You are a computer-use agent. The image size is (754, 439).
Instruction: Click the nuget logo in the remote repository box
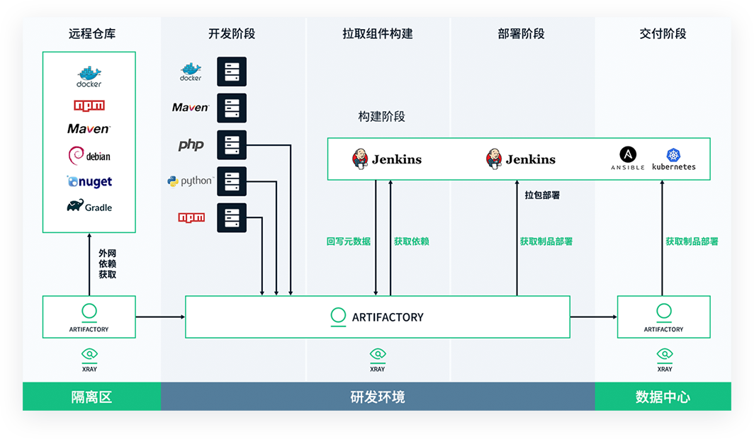coord(89,182)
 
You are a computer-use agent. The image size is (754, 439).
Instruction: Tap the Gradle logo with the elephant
coord(89,207)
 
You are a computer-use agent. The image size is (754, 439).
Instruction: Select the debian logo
coord(89,156)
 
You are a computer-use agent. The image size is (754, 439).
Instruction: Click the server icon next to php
coord(232,145)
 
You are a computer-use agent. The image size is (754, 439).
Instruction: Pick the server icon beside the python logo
coord(232,181)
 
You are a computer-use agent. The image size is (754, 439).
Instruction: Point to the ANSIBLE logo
coord(628,159)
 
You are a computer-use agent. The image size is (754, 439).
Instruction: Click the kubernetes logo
coord(674,159)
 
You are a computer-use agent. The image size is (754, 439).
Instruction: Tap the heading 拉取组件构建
coord(377,34)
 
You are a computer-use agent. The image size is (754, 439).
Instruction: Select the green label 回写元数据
coord(349,241)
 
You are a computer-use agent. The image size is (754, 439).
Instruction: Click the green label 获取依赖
coord(412,241)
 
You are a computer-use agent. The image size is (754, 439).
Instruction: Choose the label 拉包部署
coord(542,195)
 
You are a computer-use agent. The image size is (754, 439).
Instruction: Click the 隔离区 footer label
coord(91,397)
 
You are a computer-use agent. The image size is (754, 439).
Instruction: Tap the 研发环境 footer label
coord(378,397)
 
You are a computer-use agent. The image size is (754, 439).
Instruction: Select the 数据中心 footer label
coord(663,397)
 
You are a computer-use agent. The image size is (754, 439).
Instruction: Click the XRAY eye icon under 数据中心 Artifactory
coord(665,354)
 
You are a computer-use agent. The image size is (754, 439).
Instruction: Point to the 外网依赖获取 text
coord(108,263)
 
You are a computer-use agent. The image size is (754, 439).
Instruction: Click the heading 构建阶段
coord(381,117)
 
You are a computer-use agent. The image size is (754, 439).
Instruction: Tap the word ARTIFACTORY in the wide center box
coord(388,317)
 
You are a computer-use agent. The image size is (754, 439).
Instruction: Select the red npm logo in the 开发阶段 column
coord(191,217)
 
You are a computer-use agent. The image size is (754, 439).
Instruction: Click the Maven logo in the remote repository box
coord(89,129)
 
